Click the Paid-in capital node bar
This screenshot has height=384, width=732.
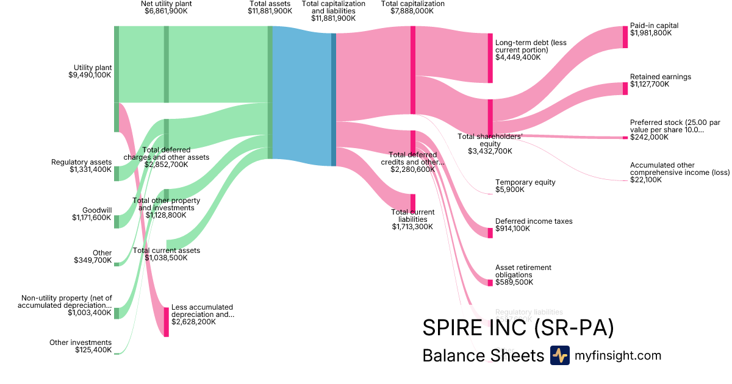tap(625, 37)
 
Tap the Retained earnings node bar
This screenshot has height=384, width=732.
tap(625, 88)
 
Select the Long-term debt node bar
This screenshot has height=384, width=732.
tap(490, 58)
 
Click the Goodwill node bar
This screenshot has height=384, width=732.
tap(117, 221)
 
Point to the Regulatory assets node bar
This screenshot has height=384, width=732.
tap(117, 173)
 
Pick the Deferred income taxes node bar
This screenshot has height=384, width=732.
tap(490, 233)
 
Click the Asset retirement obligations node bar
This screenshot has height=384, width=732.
tap(490, 282)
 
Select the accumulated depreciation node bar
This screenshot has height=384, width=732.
tap(166, 322)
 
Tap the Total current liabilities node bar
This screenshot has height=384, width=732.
tap(413, 202)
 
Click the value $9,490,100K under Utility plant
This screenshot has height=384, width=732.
tap(90, 75)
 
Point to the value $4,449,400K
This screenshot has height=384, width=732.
tap(518, 57)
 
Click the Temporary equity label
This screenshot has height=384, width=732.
tap(525, 182)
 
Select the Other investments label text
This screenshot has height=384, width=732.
tap(81, 343)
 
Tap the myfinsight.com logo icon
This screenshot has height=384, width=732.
tap(559, 355)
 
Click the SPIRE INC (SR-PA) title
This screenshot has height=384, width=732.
tap(518, 328)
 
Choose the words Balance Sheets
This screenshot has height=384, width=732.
tap(483, 356)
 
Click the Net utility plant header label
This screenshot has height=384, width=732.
tap(166, 4)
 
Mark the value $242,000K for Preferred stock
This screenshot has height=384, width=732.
tap(649, 137)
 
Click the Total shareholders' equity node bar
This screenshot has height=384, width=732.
tap(490, 118)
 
